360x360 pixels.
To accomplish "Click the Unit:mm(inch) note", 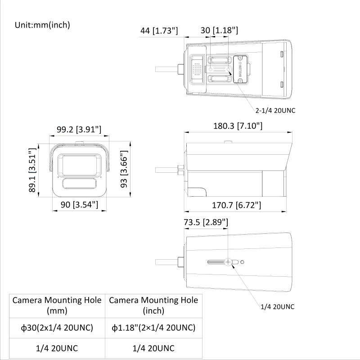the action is [x=42, y=25].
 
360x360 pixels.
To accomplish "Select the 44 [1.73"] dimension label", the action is [x=159, y=31].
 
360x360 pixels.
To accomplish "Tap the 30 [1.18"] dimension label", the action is [x=219, y=30].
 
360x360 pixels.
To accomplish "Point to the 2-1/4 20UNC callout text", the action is [x=275, y=110].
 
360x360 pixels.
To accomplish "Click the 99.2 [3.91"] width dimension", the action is [x=79, y=130].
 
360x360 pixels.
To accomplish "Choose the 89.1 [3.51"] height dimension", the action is [x=32, y=170].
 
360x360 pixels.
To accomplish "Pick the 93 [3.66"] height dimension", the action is [x=124, y=169].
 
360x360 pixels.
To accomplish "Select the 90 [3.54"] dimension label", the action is [x=79, y=204].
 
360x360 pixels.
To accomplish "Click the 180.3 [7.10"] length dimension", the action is [x=238, y=126].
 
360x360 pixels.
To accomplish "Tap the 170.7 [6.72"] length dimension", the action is [x=236, y=205].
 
